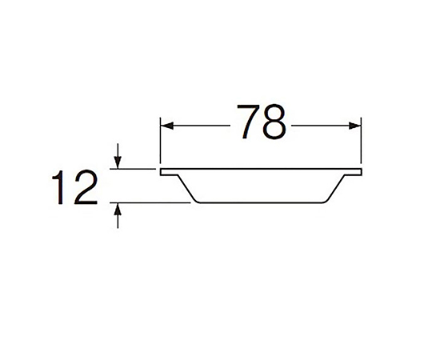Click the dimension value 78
tap(261, 122)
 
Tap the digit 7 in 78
tap(248, 122)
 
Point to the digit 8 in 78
tap(274, 122)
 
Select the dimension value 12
tap(74, 187)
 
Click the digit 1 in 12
tap(58, 187)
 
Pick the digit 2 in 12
tap(86, 187)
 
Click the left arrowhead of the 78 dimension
tap(167, 126)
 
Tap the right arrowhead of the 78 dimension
tap(354, 126)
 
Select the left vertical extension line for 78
tap(160, 141)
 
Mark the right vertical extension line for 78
tap(361, 141)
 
